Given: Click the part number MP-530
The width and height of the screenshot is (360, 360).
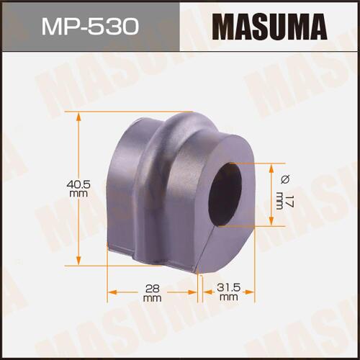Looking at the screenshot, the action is tap(90, 27).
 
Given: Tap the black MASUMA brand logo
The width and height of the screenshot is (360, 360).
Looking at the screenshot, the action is tap(269, 27).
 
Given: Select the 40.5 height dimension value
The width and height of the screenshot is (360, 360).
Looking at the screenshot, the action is tap(78, 184).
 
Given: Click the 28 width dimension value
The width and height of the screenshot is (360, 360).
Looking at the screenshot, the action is tap(153, 288).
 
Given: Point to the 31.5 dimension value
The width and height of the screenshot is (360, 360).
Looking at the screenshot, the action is tap(229, 287).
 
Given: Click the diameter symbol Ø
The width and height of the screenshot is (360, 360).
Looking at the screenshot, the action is tap(285, 179).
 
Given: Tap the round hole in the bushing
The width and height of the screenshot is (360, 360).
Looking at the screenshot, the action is tap(227, 194).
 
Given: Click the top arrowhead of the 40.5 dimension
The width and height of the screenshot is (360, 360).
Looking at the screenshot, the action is tap(78, 117).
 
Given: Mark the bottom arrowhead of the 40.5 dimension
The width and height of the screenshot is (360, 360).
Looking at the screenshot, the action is tap(78, 261).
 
